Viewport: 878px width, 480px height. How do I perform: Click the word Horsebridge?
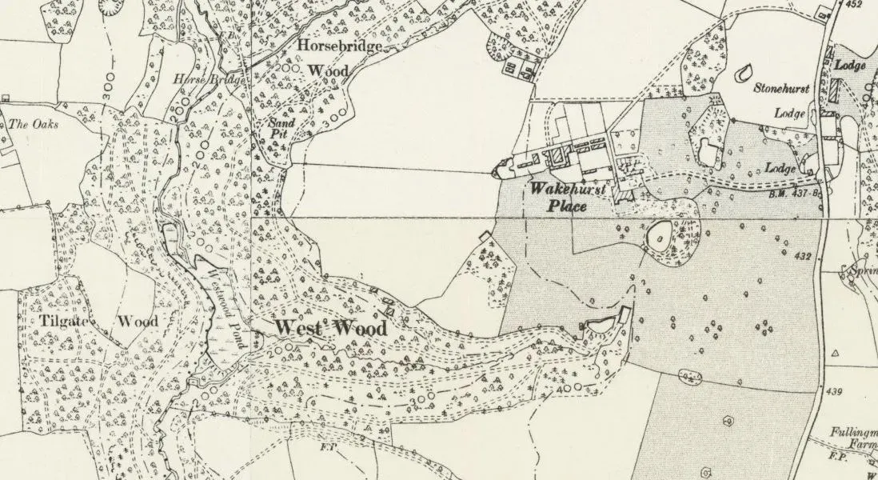pos(337,46)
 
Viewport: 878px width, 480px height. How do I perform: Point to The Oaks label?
pos(29,124)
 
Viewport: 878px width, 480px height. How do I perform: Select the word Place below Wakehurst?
pos(568,206)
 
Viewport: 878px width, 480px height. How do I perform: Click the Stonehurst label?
pos(782,89)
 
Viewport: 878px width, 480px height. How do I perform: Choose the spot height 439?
pos(836,390)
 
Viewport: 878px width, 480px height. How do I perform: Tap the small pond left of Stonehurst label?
pos(744,73)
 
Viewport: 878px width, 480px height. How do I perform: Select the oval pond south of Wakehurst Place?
pos(660,235)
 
